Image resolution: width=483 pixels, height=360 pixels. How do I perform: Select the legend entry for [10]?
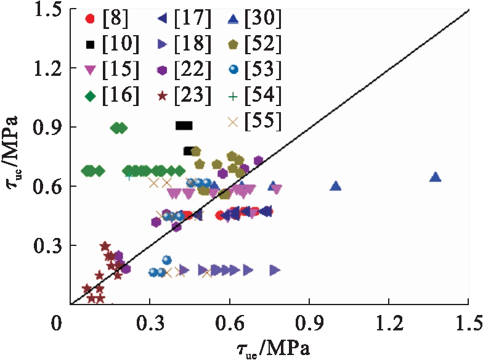pyautogui.click(x=108, y=44)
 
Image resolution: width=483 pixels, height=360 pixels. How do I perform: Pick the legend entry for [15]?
pyautogui.click(x=108, y=70)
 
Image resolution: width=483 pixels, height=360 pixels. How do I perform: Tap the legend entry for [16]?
pyautogui.click(x=108, y=95)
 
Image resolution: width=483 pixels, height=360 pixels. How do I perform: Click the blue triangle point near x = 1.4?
pyautogui.click(x=435, y=177)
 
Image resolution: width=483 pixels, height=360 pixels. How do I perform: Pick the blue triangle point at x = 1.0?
pyautogui.click(x=336, y=186)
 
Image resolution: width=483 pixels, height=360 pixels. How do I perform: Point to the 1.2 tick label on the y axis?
pyautogui.click(x=48, y=68)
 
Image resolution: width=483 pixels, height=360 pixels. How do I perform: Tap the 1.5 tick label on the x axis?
pyautogui.click(x=466, y=323)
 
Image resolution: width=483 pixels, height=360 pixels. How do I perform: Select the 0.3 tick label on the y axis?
pyautogui.click(x=48, y=245)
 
